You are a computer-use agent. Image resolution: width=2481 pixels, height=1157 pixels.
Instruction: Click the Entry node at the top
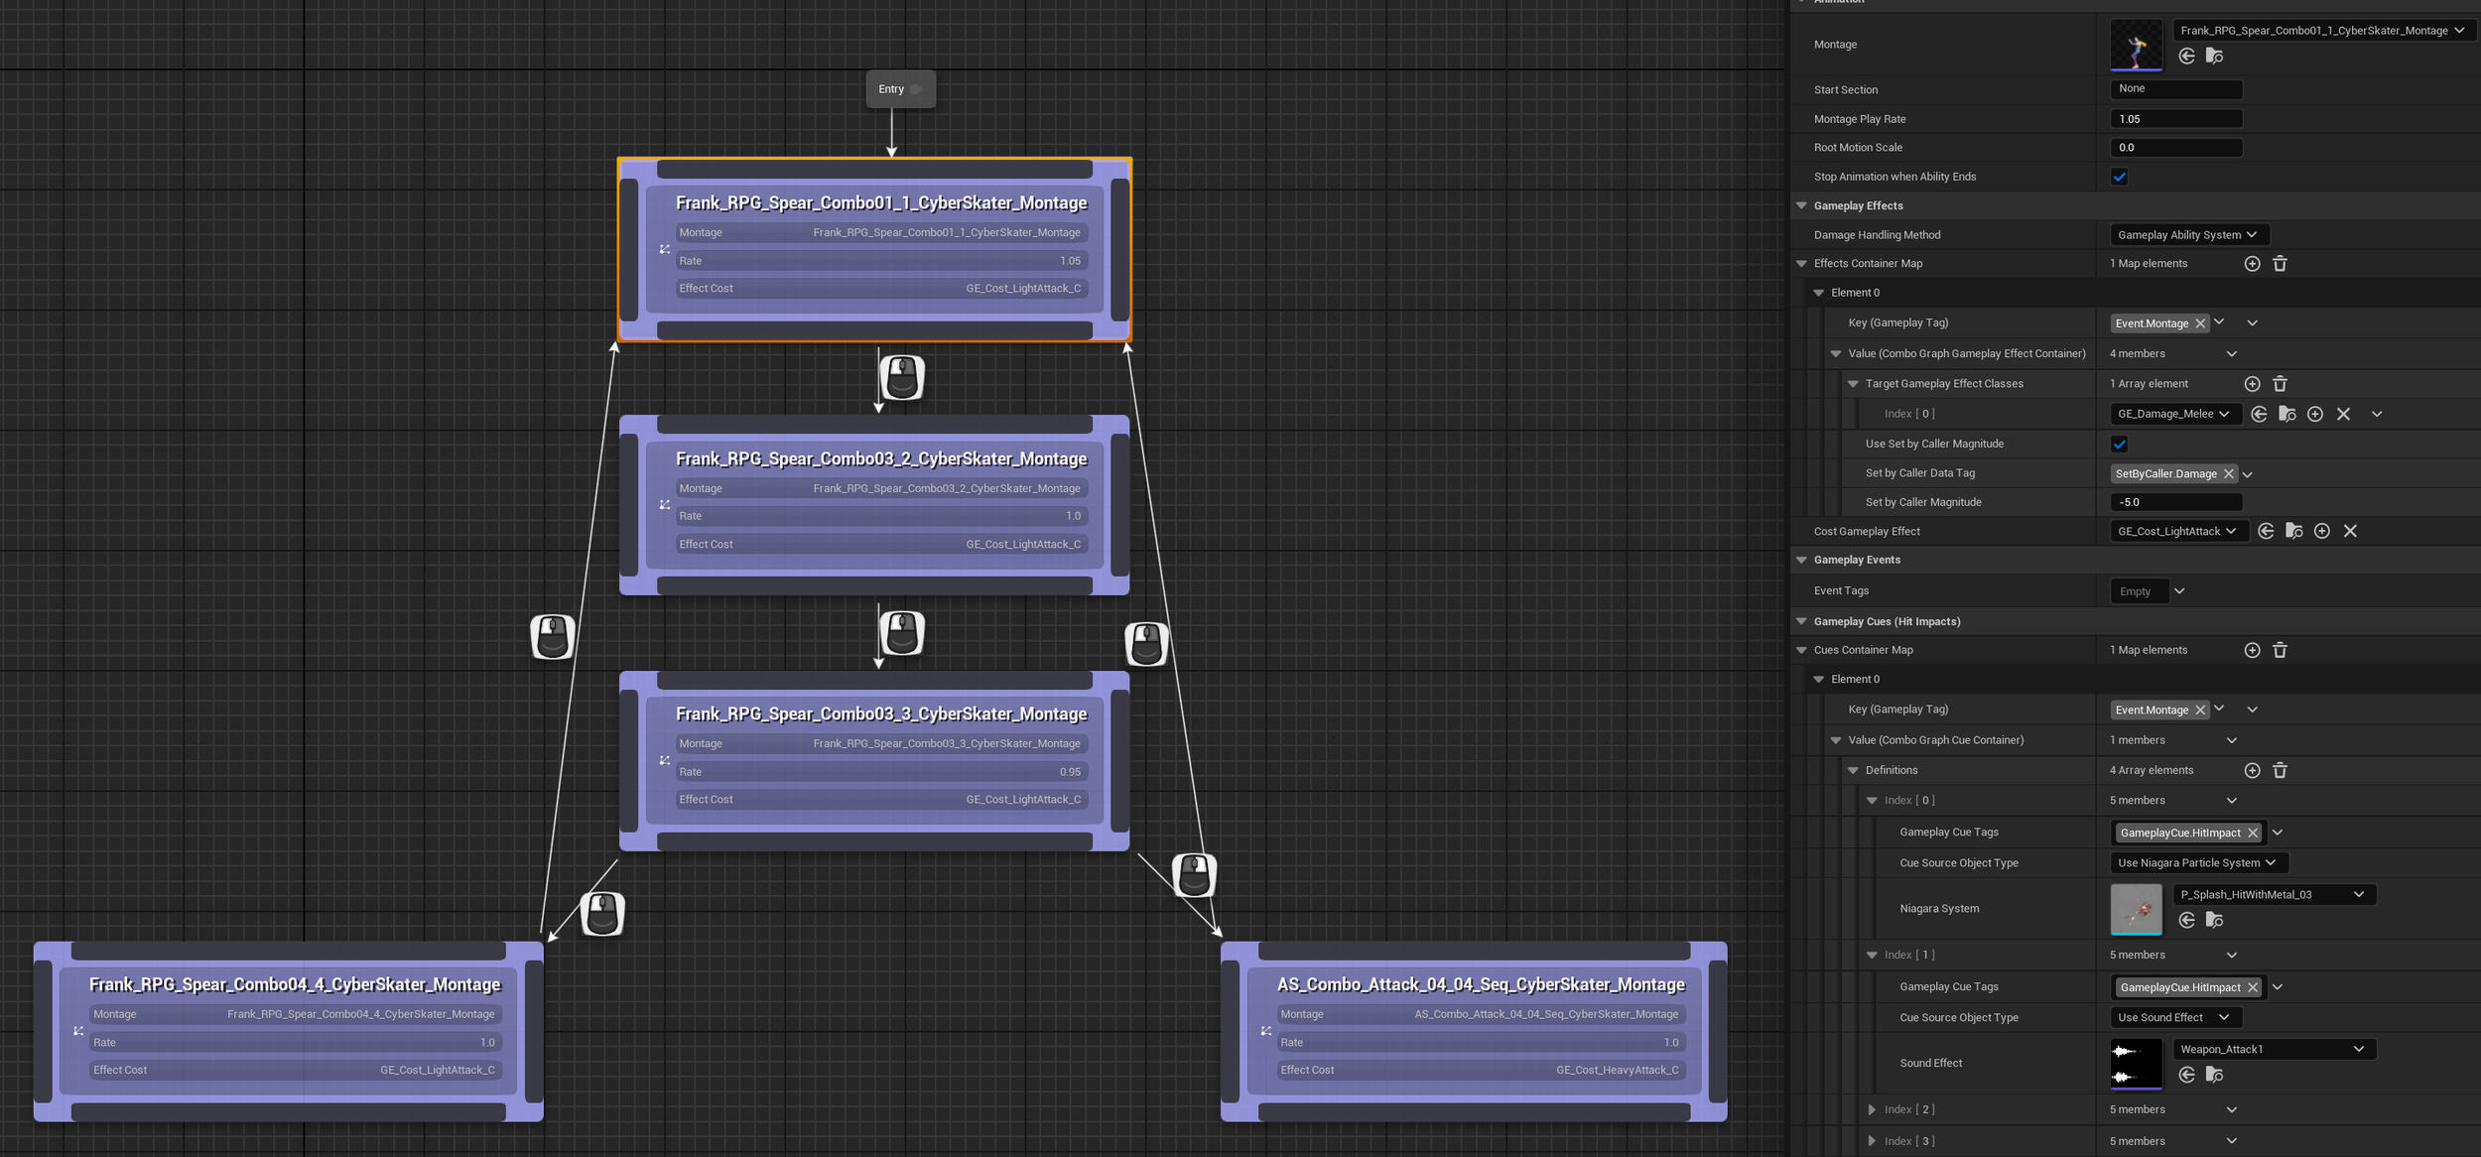[x=900, y=89]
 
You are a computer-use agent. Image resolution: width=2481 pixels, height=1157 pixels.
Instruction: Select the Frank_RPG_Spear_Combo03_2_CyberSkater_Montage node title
[x=881, y=458]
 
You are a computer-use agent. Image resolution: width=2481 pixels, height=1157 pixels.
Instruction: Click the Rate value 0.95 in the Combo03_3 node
[x=1070, y=772]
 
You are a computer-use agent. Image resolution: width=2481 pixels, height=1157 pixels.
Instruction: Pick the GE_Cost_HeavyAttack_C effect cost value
[x=1618, y=1070]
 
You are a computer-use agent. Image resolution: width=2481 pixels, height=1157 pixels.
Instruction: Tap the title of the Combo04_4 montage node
[x=295, y=984]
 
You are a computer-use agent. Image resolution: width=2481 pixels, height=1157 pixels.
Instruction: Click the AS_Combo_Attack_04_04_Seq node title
[x=1481, y=984]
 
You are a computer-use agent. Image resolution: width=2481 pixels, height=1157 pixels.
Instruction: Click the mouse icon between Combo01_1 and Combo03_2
[x=902, y=378]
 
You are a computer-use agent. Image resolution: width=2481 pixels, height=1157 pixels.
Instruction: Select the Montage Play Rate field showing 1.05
[x=2175, y=119]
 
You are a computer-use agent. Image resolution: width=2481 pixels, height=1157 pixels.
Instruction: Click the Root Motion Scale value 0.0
[x=2175, y=148]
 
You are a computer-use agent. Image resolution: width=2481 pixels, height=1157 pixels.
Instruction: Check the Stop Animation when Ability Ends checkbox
[x=2119, y=178]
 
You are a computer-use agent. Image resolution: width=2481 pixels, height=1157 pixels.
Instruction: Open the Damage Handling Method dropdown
[x=2188, y=235]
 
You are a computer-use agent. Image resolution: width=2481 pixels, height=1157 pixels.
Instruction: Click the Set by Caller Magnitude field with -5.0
[x=2175, y=502]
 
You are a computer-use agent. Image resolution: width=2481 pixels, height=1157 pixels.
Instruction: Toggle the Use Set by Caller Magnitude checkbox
[x=2119, y=445]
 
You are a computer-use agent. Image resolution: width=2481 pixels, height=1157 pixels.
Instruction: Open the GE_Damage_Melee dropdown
[x=2174, y=414]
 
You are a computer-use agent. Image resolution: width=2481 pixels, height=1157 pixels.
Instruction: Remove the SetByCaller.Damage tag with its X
[x=2228, y=474]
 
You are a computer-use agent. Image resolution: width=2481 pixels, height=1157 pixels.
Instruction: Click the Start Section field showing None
[x=2175, y=89]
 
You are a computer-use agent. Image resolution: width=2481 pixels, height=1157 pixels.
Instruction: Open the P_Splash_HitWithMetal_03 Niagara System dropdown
[x=2274, y=895]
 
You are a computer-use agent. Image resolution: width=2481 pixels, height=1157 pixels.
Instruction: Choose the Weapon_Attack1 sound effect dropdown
[x=2274, y=1049]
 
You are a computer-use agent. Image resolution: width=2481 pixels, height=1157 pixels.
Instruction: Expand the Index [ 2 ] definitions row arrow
[x=1872, y=1109]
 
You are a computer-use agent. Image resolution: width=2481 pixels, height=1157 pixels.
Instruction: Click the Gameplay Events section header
[x=1857, y=561]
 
